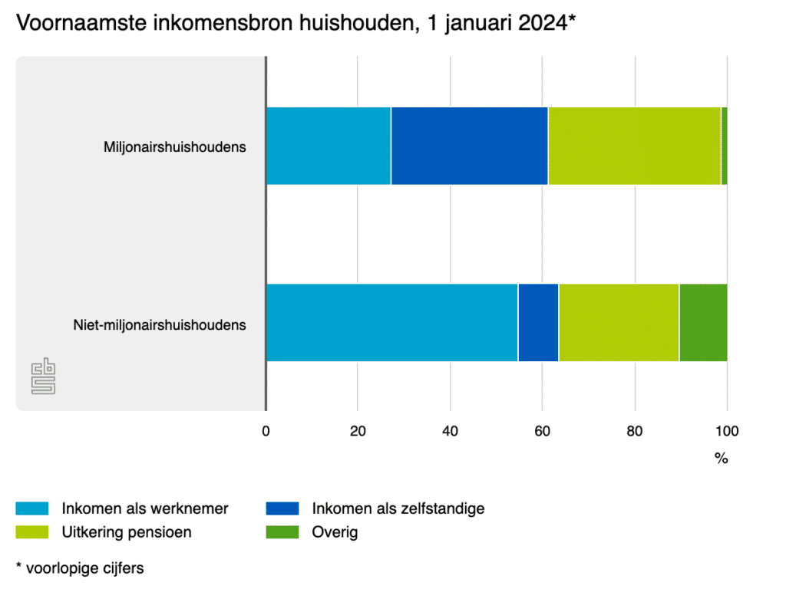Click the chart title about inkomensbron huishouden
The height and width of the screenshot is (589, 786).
click(x=296, y=24)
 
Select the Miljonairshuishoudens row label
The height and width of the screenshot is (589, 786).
click(x=175, y=146)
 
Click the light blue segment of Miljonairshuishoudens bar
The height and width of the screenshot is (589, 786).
click(x=328, y=146)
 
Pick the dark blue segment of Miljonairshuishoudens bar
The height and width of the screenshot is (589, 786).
click(x=469, y=146)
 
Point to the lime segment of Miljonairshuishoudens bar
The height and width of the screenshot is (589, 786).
click(x=634, y=146)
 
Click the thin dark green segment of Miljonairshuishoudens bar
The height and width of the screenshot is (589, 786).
click(x=724, y=146)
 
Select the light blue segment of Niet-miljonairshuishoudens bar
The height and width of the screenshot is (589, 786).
click(x=391, y=322)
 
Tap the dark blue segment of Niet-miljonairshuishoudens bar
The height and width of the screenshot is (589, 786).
click(x=538, y=322)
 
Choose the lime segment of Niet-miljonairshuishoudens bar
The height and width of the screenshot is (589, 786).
click(x=619, y=322)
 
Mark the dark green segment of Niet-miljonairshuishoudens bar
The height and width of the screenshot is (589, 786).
click(x=703, y=322)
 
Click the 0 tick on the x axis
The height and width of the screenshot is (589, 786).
click(x=266, y=431)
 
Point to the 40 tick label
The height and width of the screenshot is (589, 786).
click(x=451, y=431)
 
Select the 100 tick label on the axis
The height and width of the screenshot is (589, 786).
click(x=727, y=431)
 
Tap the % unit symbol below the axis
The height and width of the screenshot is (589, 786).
click(x=721, y=459)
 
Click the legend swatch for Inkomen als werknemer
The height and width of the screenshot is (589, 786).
click(x=31, y=508)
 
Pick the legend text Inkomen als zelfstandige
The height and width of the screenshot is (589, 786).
click(x=398, y=508)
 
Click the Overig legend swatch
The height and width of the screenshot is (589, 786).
click(x=282, y=532)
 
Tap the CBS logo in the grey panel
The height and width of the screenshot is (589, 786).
click(x=43, y=377)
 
